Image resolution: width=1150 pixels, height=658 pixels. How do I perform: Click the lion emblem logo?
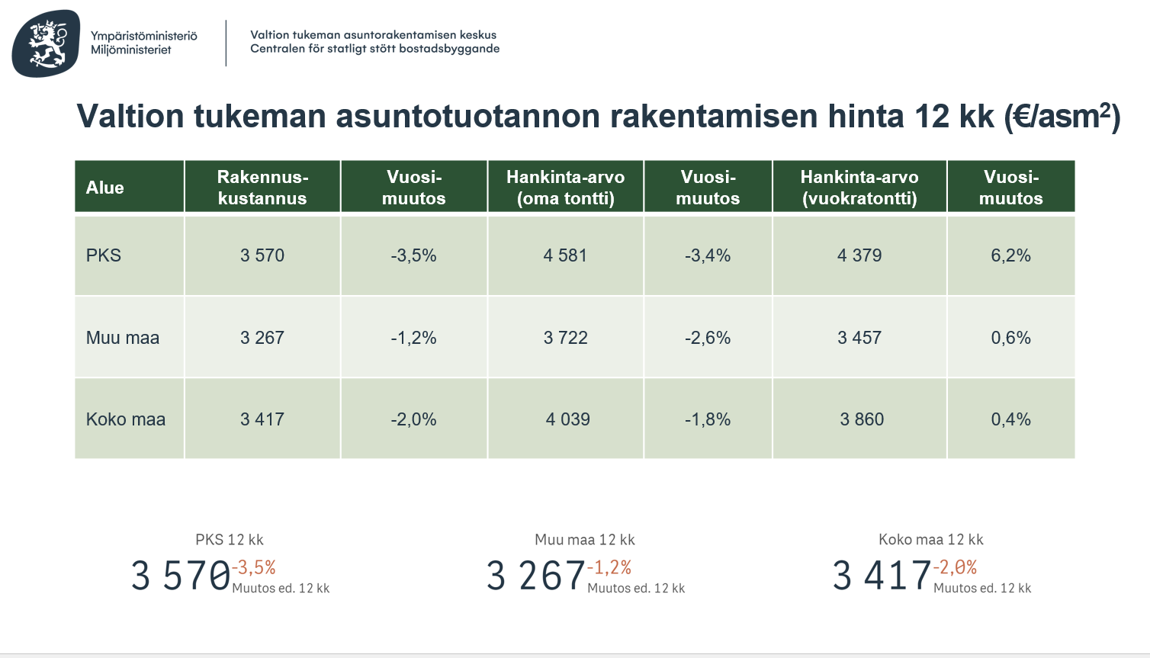coord(47,43)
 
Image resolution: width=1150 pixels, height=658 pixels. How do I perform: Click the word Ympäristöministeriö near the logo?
coord(143,36)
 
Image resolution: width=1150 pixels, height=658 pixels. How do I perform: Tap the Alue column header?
coord(105,188)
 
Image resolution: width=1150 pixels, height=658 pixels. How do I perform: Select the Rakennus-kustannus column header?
coord(262,188)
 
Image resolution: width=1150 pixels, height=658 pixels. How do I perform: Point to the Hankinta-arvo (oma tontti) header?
coord(565,188)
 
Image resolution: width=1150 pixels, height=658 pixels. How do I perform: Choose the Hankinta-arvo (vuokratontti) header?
coord(859,188)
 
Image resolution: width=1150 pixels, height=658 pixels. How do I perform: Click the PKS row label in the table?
coord(104,255)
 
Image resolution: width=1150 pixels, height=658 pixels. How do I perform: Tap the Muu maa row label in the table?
coord(123,338)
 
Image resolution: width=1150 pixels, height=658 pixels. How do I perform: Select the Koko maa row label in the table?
coord(126,419)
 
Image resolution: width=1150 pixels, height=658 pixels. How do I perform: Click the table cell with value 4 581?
coord(565,255)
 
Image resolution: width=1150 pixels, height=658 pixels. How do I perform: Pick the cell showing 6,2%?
coord(1010,255)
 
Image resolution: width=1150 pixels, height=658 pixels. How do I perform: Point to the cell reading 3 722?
coord(565,338)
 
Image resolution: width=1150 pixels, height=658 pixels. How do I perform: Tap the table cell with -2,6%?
coord(708,338)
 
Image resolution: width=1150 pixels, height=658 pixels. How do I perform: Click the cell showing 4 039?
coord(567,419)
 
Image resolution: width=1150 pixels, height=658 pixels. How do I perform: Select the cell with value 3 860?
coord(862,419)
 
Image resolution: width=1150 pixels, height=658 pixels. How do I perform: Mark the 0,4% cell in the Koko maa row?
coord(1010,419)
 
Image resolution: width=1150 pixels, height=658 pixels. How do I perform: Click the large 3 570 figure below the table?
coord(181,576)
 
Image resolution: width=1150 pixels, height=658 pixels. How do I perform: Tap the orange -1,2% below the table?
coord(609,567)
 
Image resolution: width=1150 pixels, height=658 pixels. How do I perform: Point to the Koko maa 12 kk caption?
coord(930,540)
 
